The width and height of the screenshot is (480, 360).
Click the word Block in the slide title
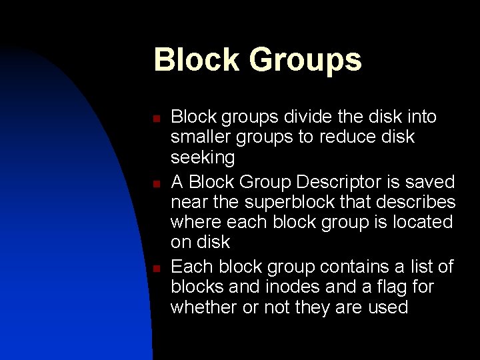point(197,60)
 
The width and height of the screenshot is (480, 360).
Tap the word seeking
point(203,158)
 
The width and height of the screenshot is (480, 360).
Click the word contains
point(347,267)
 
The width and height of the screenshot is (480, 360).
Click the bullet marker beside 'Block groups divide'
point(155,119)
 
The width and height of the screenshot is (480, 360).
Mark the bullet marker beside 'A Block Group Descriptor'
point(155,184)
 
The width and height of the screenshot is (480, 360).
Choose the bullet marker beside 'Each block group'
point(155,269)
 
